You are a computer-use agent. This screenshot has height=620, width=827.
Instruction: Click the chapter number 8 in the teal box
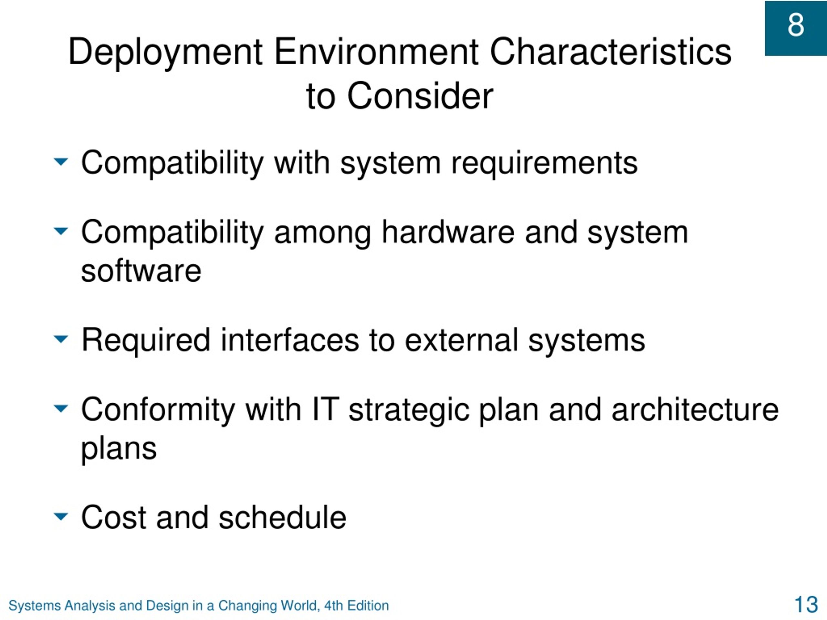796,25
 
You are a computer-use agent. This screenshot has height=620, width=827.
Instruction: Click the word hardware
448,232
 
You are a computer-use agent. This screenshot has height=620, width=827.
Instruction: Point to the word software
141,271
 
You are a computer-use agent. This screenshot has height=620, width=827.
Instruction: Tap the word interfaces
290,340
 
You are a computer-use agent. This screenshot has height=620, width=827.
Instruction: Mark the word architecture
695,409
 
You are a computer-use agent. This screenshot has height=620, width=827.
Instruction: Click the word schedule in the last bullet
282,517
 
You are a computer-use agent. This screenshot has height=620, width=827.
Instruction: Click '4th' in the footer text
333,605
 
